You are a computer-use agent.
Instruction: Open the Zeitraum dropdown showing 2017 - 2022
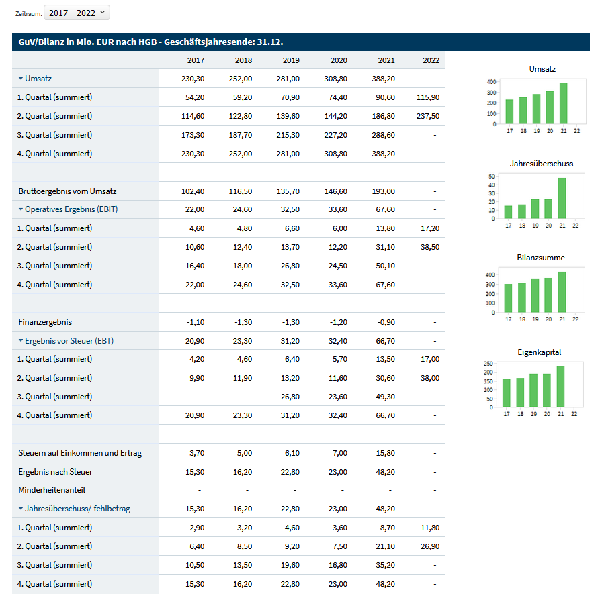pos(77,13)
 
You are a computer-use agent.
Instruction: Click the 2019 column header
pos(291,60)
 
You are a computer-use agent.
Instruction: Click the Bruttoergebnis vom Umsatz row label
pos(67,191)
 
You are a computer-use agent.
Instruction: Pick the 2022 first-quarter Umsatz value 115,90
pos(428,97)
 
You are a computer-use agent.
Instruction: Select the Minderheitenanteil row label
pos(52,490)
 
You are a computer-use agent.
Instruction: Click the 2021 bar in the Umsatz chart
pos(563,103)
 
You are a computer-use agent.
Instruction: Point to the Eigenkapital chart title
pos(540,352)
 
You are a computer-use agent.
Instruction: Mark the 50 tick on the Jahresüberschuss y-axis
pos(492,177)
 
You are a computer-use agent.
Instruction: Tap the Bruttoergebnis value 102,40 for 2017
pos(193,191)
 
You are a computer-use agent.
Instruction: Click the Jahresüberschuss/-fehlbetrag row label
pos(77,509)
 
